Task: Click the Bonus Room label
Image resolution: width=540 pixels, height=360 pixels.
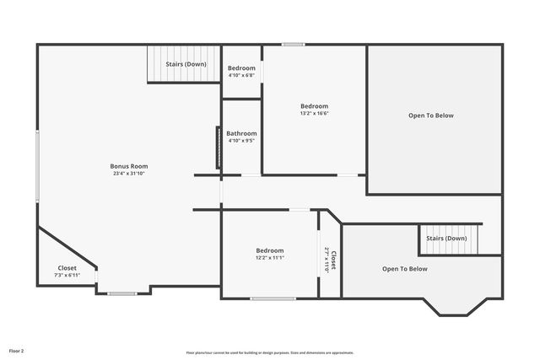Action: click(128, 166)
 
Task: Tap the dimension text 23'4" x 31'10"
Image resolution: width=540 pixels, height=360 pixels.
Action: click(128, 174)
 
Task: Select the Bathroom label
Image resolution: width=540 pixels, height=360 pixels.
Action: click(241, 133)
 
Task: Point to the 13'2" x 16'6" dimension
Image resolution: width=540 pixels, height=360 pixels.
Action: click(314, 113)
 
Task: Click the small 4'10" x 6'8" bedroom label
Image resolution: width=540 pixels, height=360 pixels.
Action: click(241, 75)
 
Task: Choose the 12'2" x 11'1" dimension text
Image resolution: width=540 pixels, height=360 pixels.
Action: click(269, 258)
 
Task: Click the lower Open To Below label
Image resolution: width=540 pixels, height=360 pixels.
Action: click(404, 269)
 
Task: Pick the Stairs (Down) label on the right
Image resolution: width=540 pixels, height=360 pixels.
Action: click(446, 238)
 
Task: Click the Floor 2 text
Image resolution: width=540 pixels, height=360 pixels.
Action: click(17, 350)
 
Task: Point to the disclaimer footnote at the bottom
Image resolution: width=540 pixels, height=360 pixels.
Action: click(270, 352)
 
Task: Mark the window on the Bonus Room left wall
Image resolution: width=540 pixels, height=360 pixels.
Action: click(37, 164)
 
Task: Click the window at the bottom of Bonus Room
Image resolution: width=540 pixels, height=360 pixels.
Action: click(122, 293)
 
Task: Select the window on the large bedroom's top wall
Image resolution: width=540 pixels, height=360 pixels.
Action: click(293, 44)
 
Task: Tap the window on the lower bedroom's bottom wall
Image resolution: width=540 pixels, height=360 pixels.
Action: click(273, 298)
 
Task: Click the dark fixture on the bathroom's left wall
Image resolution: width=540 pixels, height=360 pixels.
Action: click(219, 148)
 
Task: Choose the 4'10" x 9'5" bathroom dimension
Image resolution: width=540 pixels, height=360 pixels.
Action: click(241, 141)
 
